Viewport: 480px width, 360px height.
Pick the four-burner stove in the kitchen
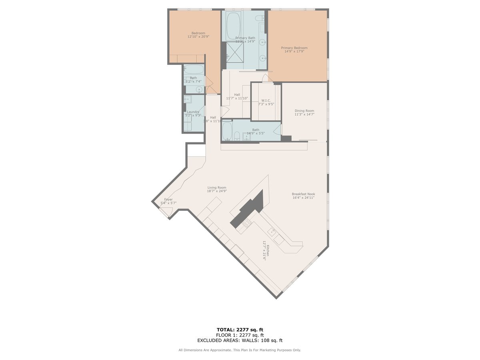pyautogui.click(x=245, y=222)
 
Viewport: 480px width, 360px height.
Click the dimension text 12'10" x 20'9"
pyautogui.click(x=198, y=37)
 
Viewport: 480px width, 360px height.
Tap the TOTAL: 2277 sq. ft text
pyautogui.click(x=240, y=330)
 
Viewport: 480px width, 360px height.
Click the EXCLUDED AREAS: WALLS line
pyautogui.click(x=240, y=341)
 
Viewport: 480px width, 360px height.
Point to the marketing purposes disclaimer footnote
pyautogui.click(x=240, y=350)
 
